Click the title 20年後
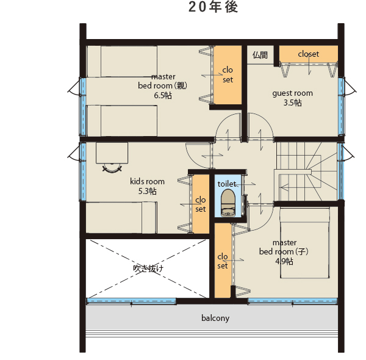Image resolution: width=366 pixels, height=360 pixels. (213, 7)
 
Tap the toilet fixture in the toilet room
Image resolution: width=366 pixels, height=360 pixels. (228, 203)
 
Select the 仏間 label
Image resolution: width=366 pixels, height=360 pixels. (260, 55)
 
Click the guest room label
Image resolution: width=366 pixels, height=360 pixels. (292, 93)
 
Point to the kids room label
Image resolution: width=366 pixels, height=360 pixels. (147, 181)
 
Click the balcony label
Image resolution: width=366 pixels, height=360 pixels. (215, 319)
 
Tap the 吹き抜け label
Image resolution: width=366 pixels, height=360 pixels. (148, 268)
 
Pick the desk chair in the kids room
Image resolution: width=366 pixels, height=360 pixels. (112, 168)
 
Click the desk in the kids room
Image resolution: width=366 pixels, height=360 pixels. (112, 153)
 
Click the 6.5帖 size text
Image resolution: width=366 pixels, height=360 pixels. (163, 95)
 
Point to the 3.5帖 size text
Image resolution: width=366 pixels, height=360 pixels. (292, 103)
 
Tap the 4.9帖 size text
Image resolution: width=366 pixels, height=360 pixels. (284, 261)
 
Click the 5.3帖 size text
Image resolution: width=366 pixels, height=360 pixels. (147, 191)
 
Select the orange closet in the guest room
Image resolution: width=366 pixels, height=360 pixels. (309, 54)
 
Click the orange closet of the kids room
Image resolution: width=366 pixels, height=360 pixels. (201, 204)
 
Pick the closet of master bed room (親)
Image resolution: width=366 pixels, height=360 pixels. (228, 74)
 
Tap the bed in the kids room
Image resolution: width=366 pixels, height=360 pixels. (121, 217)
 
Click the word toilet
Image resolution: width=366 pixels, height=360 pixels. (227, 184)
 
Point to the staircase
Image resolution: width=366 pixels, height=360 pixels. (306, 171)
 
